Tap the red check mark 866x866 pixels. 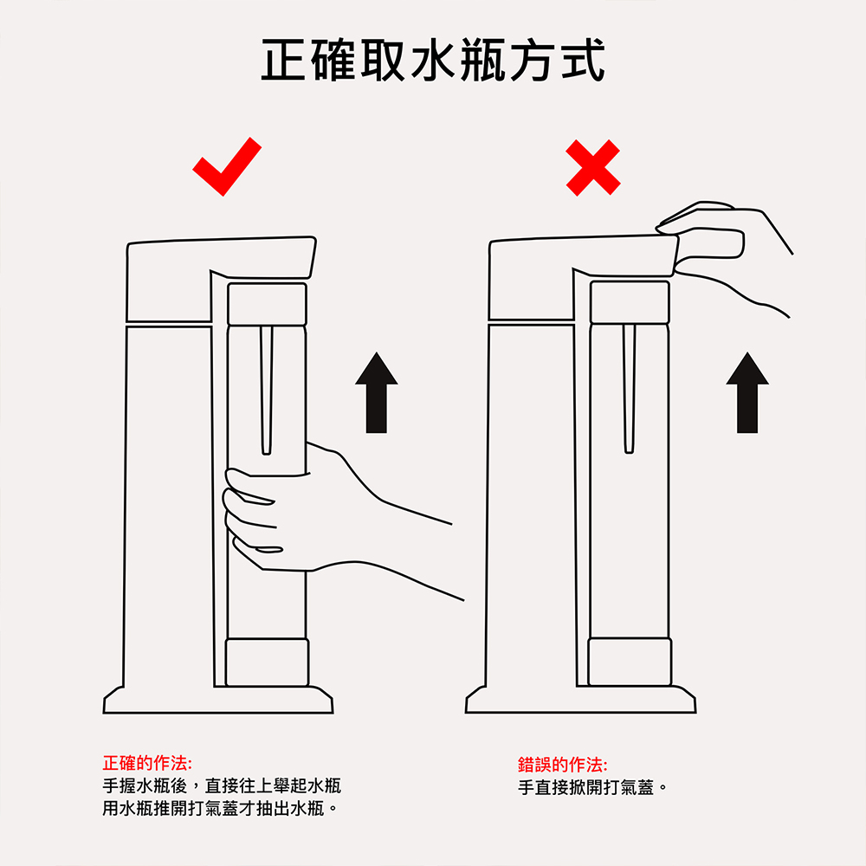[227, 166]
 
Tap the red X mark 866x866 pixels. [593, 167]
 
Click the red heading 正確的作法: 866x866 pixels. [147, 764]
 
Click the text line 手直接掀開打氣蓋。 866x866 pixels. [593, 788]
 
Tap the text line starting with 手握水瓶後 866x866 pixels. [222, 786]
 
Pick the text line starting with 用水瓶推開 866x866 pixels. [220, 810]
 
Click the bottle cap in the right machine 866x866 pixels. [630, 302]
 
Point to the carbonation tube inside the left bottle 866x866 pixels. [266, 390]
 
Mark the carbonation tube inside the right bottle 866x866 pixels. [629, 390]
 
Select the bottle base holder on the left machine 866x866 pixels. [267, 662]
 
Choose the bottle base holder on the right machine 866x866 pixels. [630, 662]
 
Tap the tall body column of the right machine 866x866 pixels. [530, 502]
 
